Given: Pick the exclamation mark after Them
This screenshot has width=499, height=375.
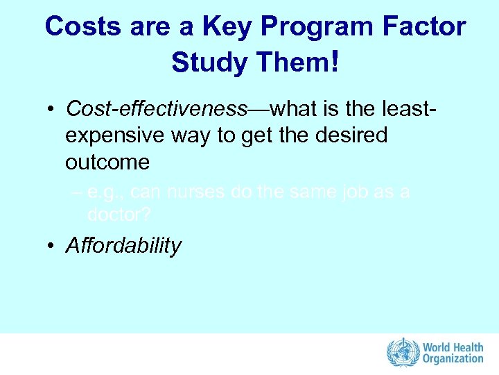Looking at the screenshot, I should pyautogui.click(x=336, y=62).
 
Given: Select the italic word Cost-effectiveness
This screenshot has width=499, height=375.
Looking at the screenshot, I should pyautogui.click(x=157, y=109).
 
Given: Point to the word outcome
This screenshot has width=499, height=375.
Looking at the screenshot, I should pyautogui.click(x=107, y=162).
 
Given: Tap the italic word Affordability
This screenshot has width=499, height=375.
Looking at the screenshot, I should pyautogui.click(x=123, y=246).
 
